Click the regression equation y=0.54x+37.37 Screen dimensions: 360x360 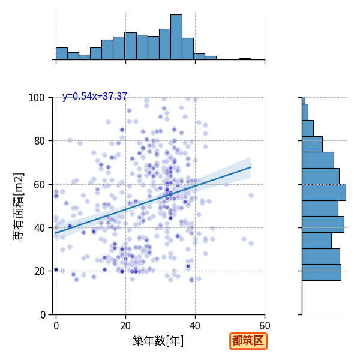click(95, 96)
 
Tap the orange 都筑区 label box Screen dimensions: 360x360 click(248, 341)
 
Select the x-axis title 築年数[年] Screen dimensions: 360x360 click(158, 341)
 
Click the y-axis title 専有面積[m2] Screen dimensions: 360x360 click(19, 206)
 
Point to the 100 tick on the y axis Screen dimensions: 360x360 click(36, 98)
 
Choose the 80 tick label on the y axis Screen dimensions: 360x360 click(39, 141)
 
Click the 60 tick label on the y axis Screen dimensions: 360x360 click(39, 184)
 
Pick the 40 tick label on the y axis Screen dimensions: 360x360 click(39, 228)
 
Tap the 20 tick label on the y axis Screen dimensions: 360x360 click(39, 271)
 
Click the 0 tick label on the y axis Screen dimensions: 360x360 click(43, 314)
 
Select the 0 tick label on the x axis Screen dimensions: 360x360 click(56, 326)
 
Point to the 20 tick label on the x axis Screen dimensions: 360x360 click(125, 326)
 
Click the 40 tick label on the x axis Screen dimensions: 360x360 click(195, 326)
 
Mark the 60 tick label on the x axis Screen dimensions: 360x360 click(265, 326)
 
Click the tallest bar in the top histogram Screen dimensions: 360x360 click(176, 37)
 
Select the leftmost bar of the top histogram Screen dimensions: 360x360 click(62, 54)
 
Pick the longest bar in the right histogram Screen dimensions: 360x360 click(324, 193)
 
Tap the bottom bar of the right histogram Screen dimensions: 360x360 click(322, 272)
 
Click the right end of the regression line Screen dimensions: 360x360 click(251, 167)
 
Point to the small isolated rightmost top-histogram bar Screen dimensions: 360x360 click(245, 59)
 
